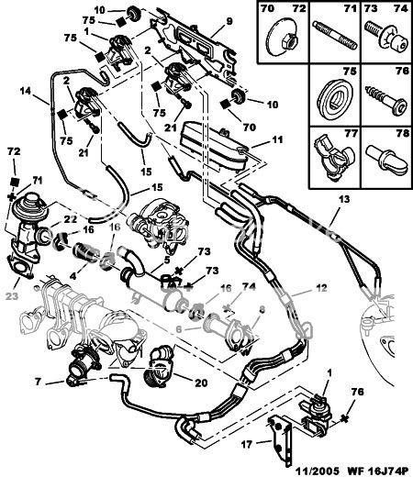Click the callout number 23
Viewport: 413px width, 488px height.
coord(13,296)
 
